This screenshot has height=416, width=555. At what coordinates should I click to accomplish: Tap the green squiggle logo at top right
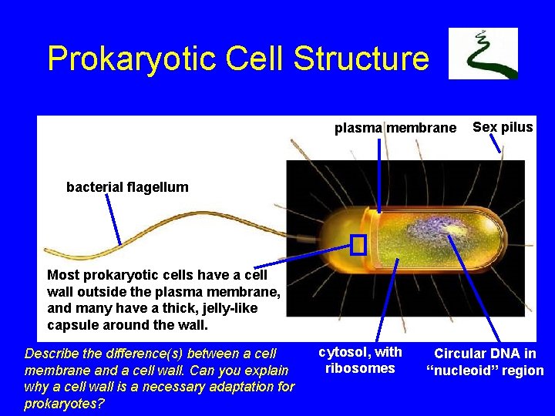pos(483,53)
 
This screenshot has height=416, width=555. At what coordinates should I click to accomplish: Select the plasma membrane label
pos(395,128)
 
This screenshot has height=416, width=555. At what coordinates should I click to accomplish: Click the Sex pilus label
pos(503,127)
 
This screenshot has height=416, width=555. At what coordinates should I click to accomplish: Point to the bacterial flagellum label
pos(127,186)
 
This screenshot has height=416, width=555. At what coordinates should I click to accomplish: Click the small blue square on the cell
pos(358,244)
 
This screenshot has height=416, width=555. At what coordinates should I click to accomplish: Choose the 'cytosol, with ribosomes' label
pos(360,360)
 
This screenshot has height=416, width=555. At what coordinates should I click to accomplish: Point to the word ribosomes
pos(360,368)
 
